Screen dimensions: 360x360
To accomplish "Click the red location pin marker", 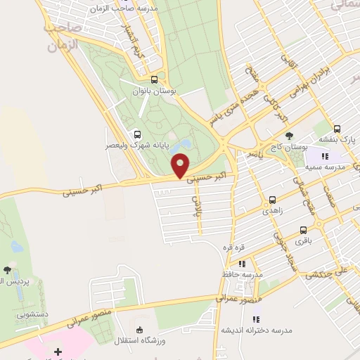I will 181,167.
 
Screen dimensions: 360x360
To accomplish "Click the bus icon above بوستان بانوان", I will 155,79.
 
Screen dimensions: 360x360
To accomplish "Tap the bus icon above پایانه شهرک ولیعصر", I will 136,134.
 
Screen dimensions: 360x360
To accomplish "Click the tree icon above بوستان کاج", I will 290,136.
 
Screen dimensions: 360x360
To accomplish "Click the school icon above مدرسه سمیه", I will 325,156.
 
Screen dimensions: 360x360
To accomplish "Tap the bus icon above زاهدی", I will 272,200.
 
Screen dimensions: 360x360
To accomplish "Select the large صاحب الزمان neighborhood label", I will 63,39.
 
